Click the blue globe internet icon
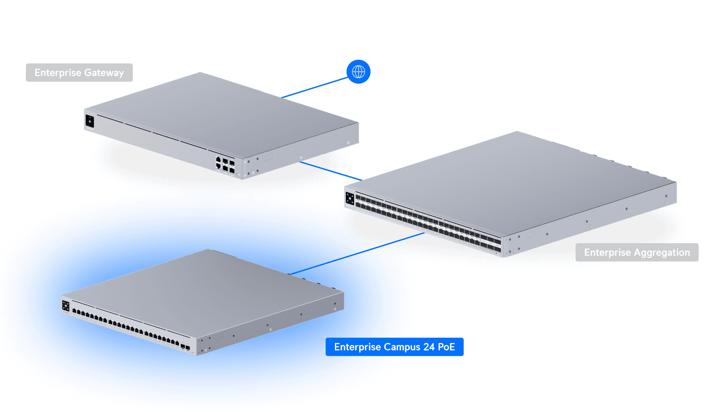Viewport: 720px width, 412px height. click(358, 72)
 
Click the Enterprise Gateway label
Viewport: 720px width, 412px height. click(79, 73)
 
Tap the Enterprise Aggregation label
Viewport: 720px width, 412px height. click(637, 252)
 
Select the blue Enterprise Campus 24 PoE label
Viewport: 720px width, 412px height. click(394, 347)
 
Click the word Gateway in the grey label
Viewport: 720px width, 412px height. click(104, 73)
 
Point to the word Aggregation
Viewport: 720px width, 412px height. click(662, 253)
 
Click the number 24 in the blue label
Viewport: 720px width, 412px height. click(429, 347)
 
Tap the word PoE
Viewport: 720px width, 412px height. click(446, 347)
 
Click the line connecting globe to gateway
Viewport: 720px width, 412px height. click(315, 87)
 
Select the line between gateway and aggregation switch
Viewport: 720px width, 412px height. click(331, 171)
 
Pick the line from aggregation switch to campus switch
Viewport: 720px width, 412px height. click(358, 253)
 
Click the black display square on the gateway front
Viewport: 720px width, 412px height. click(90, 121)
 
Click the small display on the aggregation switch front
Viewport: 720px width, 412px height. click(350, 199)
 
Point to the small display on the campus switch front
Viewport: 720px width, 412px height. click(66, 306)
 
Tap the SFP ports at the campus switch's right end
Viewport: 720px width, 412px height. click(185, 347)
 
